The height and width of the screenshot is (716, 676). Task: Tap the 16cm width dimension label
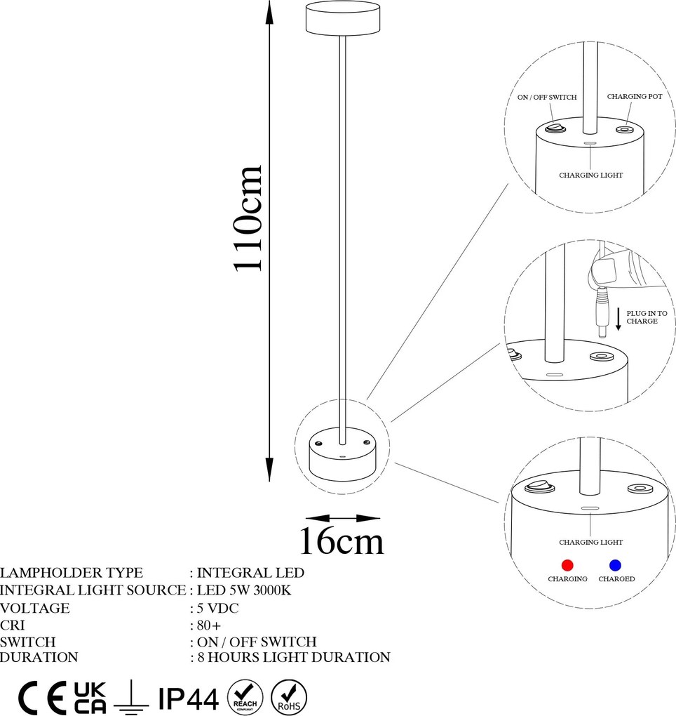(342, 541)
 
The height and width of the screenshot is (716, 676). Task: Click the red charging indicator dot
(567, 565)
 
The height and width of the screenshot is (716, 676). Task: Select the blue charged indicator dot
(616, 565)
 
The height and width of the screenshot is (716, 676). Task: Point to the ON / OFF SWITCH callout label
(547, 98)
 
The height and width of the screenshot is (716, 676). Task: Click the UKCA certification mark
(90, 697)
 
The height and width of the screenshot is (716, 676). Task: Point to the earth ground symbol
(132, 698)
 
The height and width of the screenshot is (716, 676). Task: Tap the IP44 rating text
(189, 698)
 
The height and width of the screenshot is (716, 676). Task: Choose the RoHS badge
(288, 696)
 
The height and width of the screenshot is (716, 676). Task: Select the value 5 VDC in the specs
(217, 608)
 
